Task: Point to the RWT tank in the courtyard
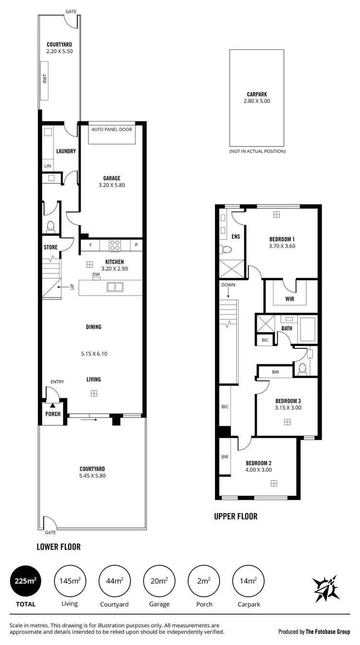pyautogui.click(x=45, y=81)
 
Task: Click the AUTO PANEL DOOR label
pyautogui.click(x=111, y=130)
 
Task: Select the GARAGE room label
pyautogui.click(x=111, y=179)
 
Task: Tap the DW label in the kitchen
pyautogui.click(x=96, y=275)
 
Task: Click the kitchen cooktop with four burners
pyautogui.click(x=115, y=245)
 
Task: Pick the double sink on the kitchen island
pyautogui.click(x=115, y=287)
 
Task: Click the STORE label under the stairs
pyautogui.click(x=51, y=248)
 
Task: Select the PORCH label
pyautogui.click(x=53, y=414)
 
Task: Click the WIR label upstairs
pyautogui.click(x=289, y=299)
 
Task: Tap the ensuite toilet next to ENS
pyautogui.click(x=226, y=250)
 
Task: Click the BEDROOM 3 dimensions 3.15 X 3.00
pyautogui.click(x=288, y=408)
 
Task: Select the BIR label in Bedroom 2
pyautogui.click(x=225, y=457)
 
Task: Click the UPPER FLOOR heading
pyautogui.click(x=236, y=516)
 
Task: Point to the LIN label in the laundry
pyautogui.click(x=48, y=166)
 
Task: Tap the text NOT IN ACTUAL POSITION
pyautogui.click(x=257, y=151)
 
